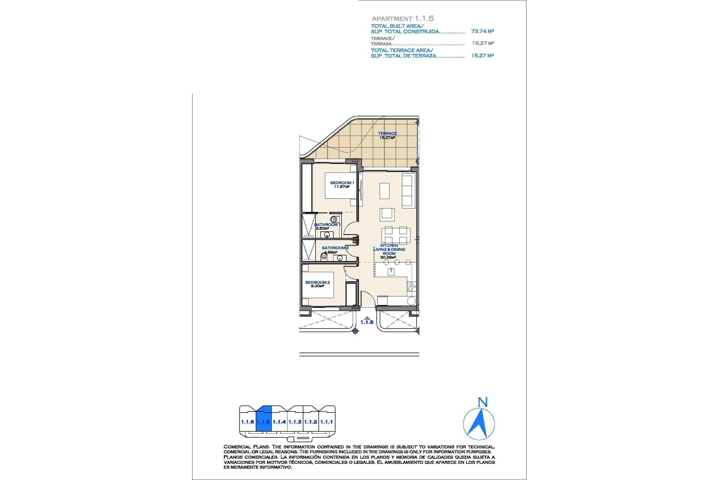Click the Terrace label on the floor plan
pyautogui.click(x=387, y=133)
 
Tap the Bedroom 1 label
pyautogui.click(x=342, y=183)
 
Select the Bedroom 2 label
pyautogui.click(x=317, y=282)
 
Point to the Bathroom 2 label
pyautogui.click(x=335, y=248)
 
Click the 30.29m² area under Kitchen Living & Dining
pyautogui.click(x=388, y=258)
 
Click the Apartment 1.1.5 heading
pyautogui.click(x=403, y=18)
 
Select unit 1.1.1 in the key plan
pyautogui.click(x=327, y=422)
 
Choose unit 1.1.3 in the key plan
pyautogui.click(x=295, y=422)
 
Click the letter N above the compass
pyautogui.click(x=483, y=402)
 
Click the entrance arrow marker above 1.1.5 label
pyautogui.click(x=367, y=318)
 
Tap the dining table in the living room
pyautogui.click(x=395, y=235)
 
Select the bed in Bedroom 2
pyautogui.click(x=318, y=285)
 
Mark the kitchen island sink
pyautogui.click(x=391, y=271)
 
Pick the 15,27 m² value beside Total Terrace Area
pyautogui.click(x=482, y=55)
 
